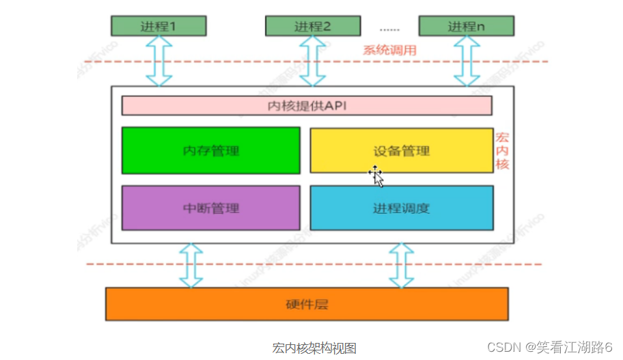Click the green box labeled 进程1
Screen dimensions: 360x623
158,26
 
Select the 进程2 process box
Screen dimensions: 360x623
313,26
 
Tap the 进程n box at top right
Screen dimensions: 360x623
467,26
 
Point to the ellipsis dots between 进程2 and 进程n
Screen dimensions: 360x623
390,29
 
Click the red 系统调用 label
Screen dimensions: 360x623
389,50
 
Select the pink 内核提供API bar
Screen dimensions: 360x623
307,106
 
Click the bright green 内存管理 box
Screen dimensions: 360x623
210,150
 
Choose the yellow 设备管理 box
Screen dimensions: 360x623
402,150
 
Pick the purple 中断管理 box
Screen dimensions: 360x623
210,208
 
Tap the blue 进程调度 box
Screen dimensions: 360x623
402,208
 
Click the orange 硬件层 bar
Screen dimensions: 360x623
307,304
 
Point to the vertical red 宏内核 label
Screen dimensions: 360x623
502,151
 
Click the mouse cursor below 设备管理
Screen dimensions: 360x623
376,176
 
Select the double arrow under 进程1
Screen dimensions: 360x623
158,61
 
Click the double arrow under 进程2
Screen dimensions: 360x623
313,61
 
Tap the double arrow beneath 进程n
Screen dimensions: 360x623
467,61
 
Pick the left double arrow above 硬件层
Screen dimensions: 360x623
191,265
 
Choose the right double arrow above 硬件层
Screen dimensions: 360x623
402,265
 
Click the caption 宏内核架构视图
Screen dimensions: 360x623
314,348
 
